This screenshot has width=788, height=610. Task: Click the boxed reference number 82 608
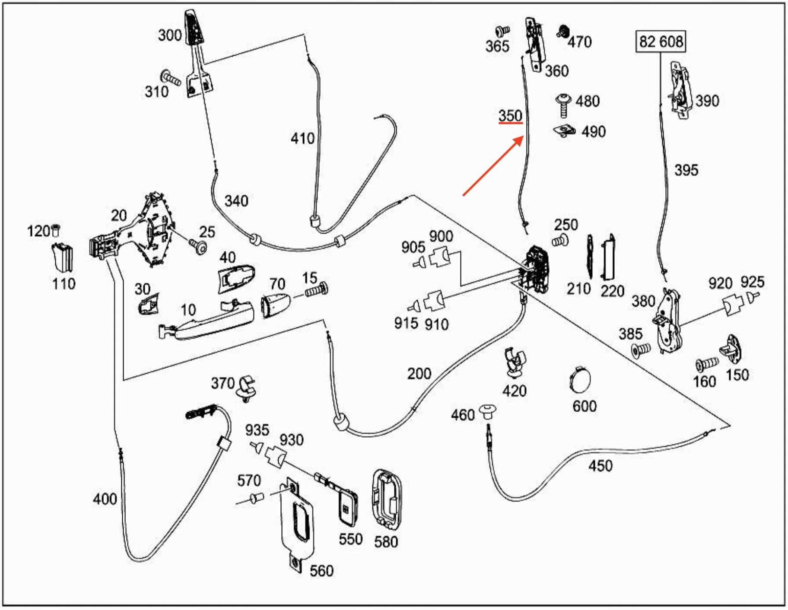pyautogui.click(x=661, y=41)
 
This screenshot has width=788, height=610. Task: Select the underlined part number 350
pyautogui.click(x=510, y=116)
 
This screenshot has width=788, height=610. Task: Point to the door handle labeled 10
pyautogui.click(x=207, y=322)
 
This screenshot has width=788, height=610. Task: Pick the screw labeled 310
pyautogui.click(x=171, y=78)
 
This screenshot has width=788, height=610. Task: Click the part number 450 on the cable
pyautogui.click(x=600, y=466)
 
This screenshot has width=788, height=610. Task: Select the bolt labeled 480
pyautogui.click(x=562, y=104)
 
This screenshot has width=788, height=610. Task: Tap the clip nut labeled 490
pyautogui.click(x=564, y=130)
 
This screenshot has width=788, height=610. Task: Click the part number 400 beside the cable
pyautogui.click(x=105, y=499)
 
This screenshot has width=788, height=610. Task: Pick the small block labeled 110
pyautogui.click(x=62, y=258)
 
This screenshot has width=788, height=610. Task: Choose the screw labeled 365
pyautogui.click(x=502, y=31)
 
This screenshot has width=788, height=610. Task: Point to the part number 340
pyautogui.click(x=236, y=200)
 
